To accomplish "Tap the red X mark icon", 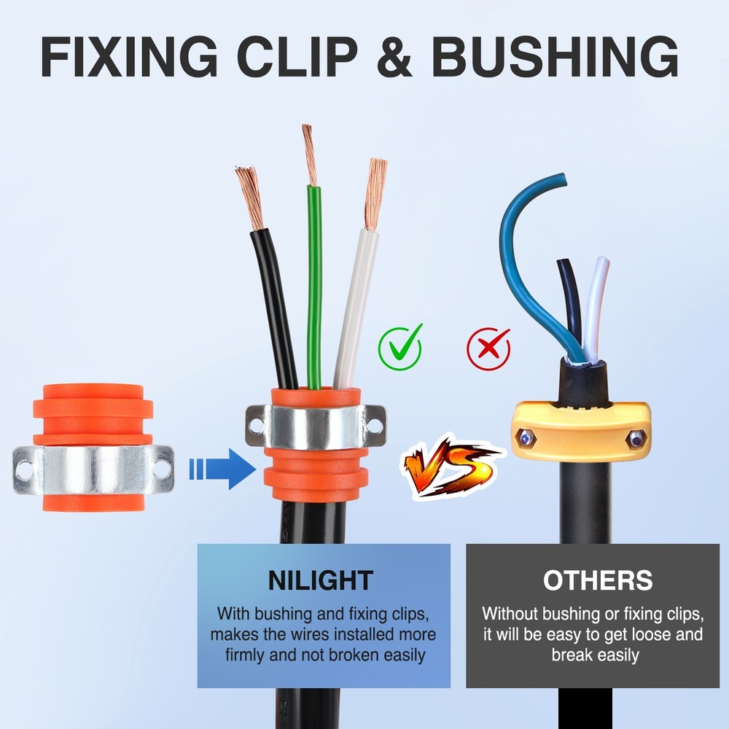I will [488, 348].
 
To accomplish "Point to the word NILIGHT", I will [321, 580].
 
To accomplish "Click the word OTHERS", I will [598, 580].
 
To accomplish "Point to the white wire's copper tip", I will [375, 192].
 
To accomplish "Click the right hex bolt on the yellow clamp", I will [636, 438].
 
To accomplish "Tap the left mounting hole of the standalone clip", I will [26, 469].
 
